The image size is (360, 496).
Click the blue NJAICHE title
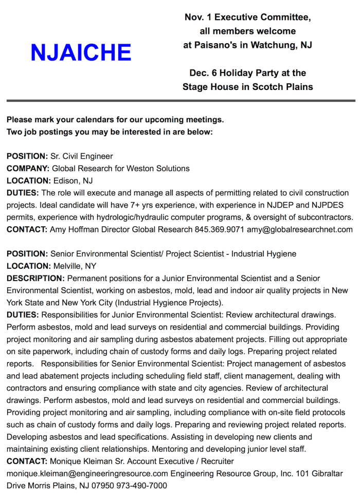coord(81,52)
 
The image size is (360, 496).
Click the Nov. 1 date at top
coord(199,17)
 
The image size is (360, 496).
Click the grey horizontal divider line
coord(180,101)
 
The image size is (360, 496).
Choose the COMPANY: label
coord(28,168)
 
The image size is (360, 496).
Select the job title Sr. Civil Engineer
coord(81,156)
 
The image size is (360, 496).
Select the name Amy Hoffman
coord(76,230)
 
